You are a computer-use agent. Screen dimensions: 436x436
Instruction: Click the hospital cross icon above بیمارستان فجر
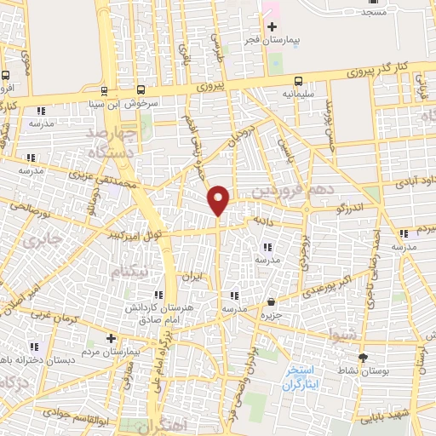click(x=272, y=27)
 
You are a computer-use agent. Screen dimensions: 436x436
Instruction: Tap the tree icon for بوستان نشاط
click(x=365, y=357)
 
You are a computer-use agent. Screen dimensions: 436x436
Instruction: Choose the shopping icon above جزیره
click(x=271, y=301)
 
